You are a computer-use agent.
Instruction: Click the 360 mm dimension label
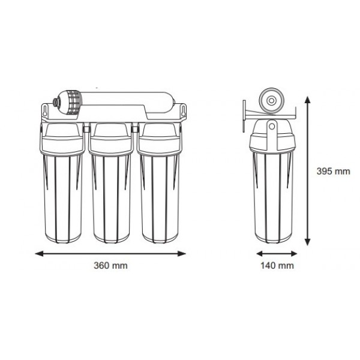(111, 265)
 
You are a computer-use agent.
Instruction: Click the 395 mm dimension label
(333, 171)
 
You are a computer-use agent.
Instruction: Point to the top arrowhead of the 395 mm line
(308, 98)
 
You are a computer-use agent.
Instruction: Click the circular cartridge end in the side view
(272, 100)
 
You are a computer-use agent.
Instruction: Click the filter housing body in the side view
(272, 192)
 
